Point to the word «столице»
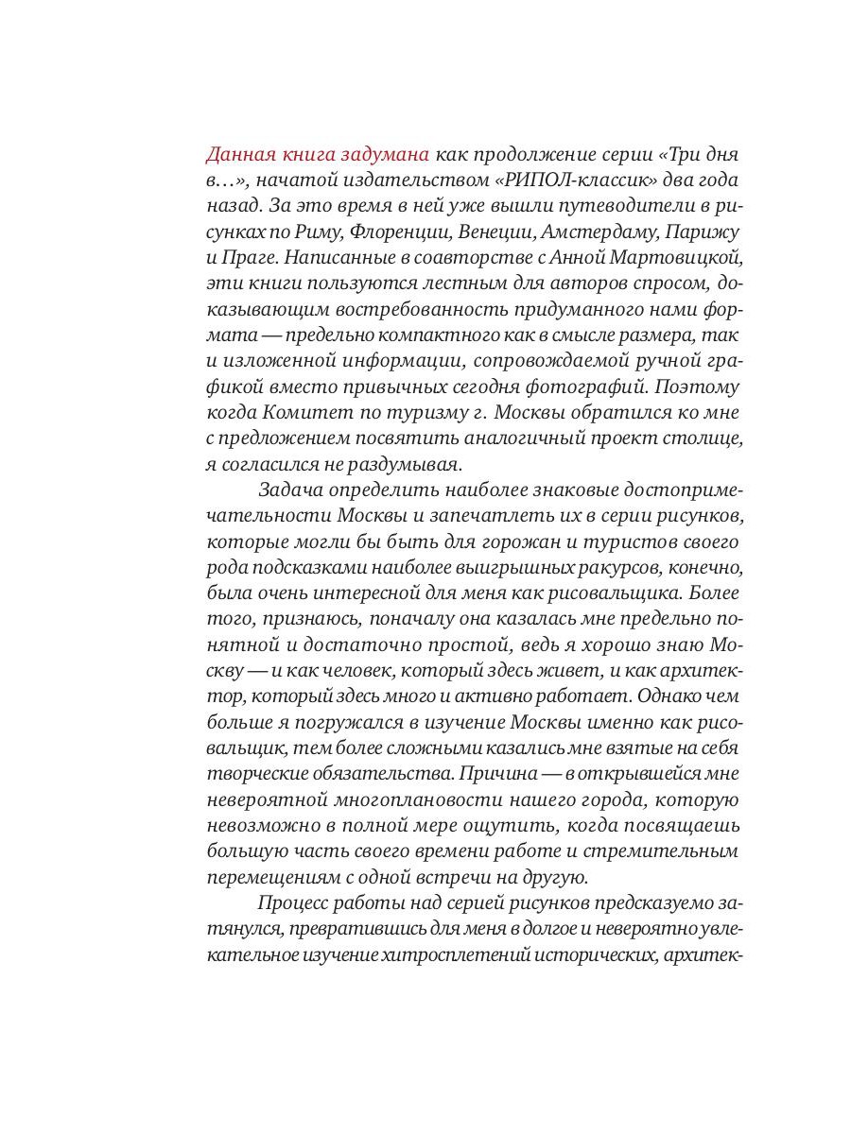coord(703,438)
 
